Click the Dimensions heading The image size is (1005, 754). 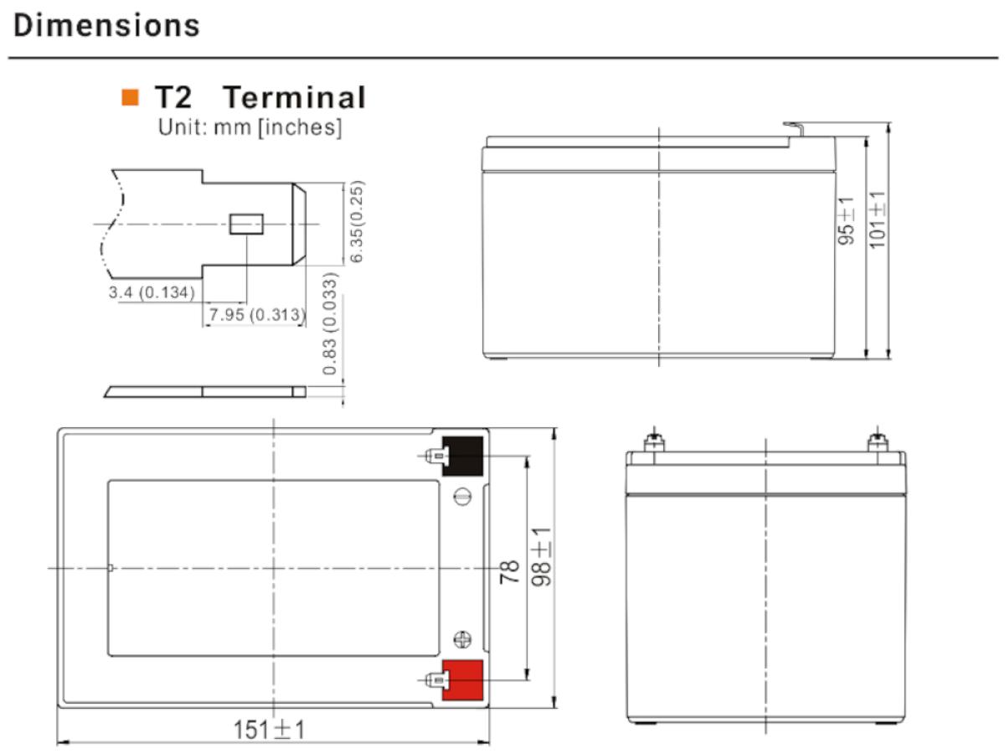coord(106,25)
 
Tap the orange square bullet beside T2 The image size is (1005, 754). coord(130,97)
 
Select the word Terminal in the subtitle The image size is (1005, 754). coord(295,97)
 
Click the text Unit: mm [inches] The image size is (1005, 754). coord(250,127)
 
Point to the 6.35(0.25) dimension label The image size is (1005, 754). coord(356,221)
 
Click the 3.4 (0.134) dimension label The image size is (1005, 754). coord(152,292)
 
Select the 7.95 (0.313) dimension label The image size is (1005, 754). coord(257,314)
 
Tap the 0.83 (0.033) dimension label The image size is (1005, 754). coord(330,323)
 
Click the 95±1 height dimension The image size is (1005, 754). coord(846,221)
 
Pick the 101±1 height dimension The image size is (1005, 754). coord(877,220)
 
